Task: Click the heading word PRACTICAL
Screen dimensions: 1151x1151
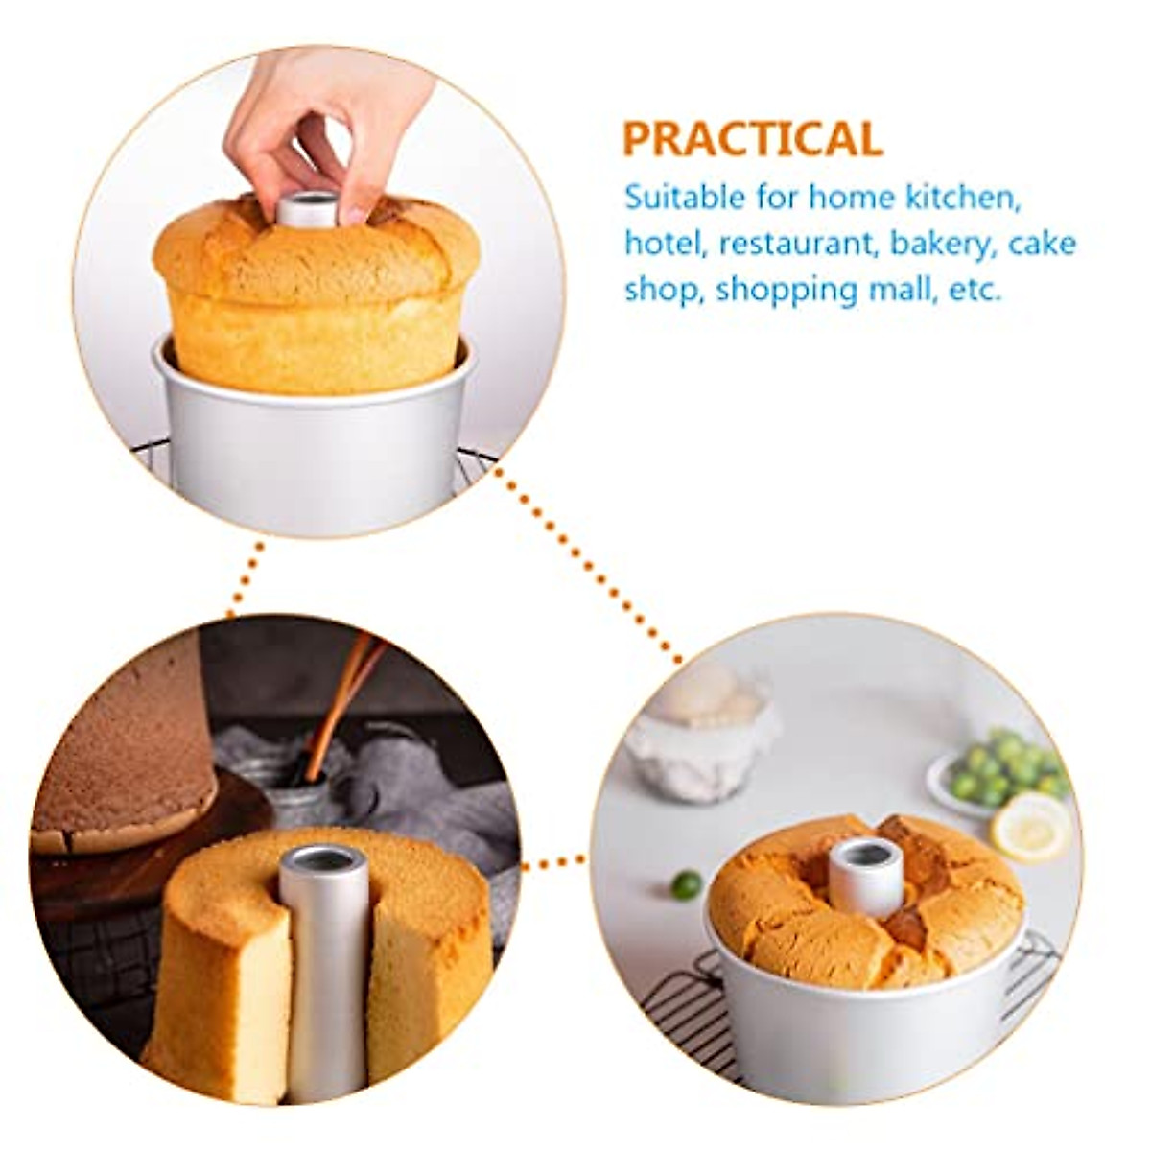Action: pyautogui.click(x=752, y=138)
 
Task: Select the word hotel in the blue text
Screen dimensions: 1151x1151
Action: pyautogui.click(x=663, y=244)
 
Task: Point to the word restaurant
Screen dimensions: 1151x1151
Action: pyautogui.click(x=798, y=244)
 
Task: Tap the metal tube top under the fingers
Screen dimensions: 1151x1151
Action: pyautogui.click(x=309, y=206)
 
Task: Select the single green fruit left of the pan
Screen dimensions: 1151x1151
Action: pyautogui.click(x=685, y=883)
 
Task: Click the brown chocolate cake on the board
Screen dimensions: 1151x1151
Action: pyautogui.click(x=125, y=758)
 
